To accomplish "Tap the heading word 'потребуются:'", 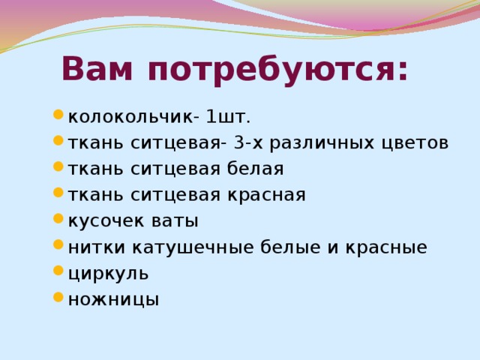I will pyautogui.click(x=278, y=71).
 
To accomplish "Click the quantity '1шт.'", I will pyautogui.click(x=229, y=117).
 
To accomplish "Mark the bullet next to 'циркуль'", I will pyautogui.click(x=58, y=273).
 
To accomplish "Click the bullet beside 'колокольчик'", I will pyautogui.click(x=58, y=116).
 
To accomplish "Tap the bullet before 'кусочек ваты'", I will pyautogui.click(x=58, y=221).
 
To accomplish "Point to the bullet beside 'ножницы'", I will pyautogui.click(x=58, y=299).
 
